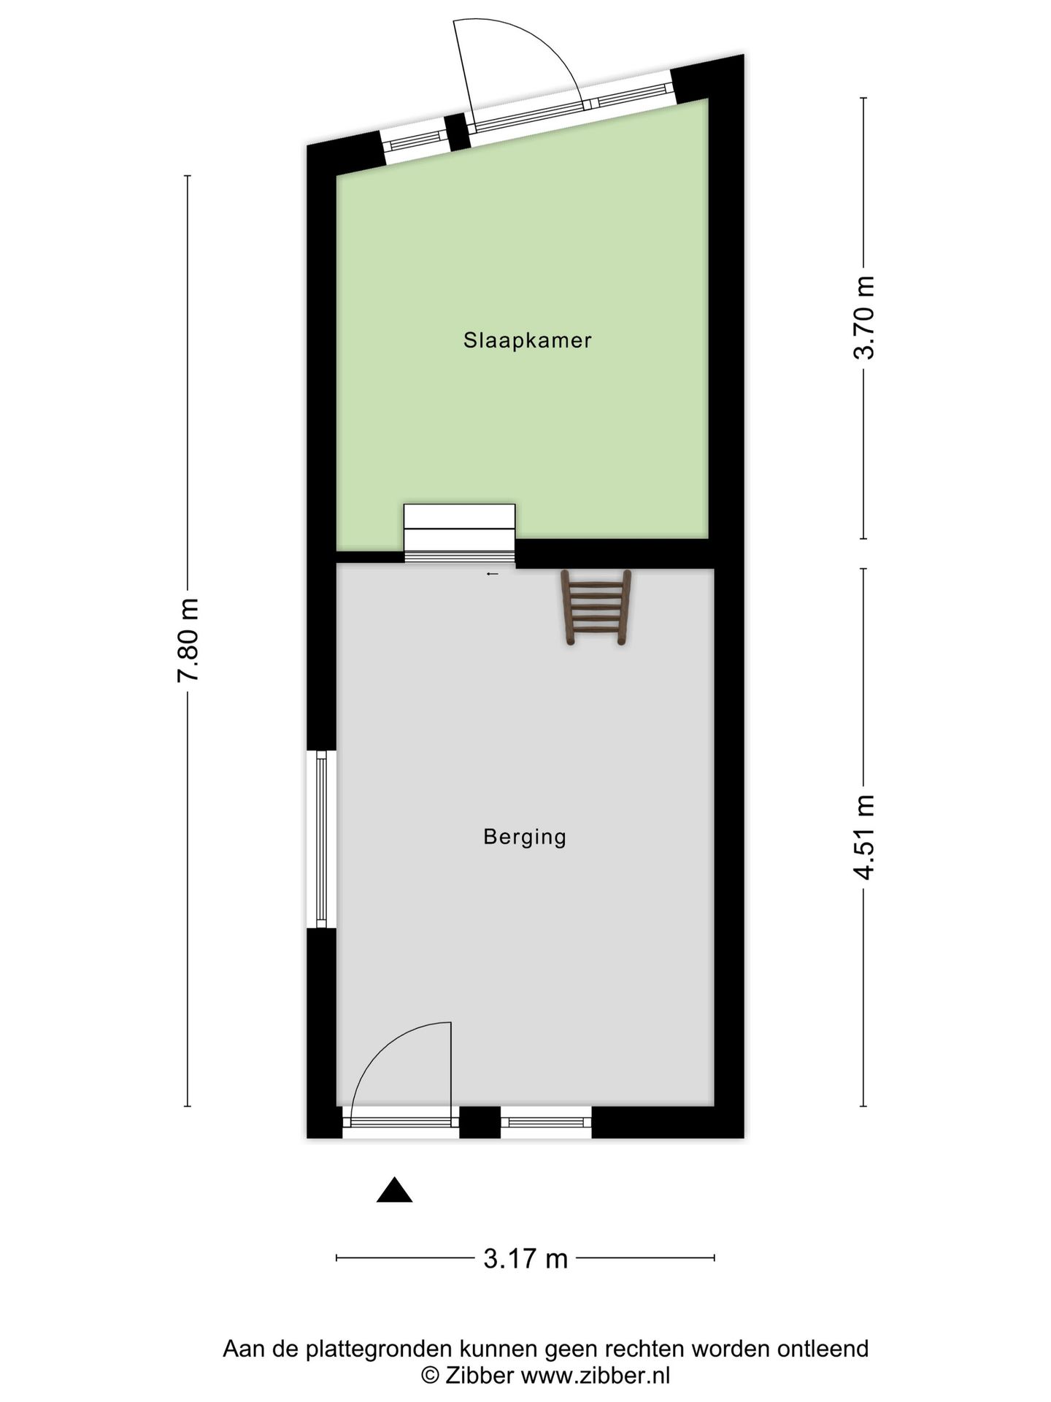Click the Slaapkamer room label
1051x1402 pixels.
(x=527, y=340)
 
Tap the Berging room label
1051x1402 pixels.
(x=525, y=836)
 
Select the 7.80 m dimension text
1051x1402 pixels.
(x=188, y=640)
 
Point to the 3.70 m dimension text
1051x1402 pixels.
(x=864, y=318)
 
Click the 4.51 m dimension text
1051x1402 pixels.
(x=864, y=837)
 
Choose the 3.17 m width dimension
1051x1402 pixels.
(x=525, y=1258)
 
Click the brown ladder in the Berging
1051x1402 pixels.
(x=596, y=608)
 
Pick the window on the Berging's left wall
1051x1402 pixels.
(x=321, y=839)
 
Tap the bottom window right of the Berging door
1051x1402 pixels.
(x=545, y=1122)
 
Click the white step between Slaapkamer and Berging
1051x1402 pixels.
(x=460, y=533)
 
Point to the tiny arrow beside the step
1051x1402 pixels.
(x=493, y=574)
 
